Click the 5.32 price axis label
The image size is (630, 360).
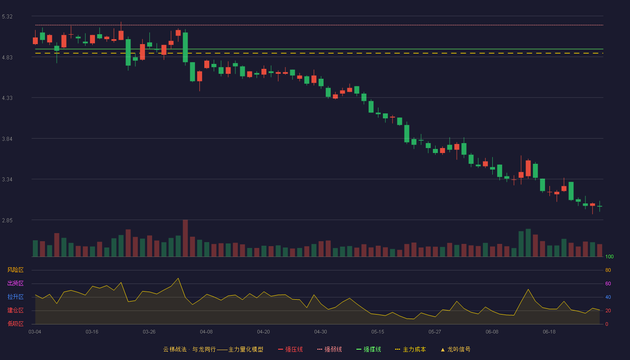7,17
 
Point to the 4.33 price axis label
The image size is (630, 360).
7,98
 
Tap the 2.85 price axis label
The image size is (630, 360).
7,220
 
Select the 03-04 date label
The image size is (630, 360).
35,332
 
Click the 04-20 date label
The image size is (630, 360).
264,332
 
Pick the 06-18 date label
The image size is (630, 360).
549,332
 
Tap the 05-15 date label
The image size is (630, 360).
378,332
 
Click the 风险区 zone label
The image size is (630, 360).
15,270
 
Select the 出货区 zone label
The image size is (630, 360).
15,283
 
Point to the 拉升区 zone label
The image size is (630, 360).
15,297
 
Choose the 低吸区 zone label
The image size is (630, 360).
15,324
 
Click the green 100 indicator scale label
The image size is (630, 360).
609,256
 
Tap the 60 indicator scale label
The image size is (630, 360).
608,283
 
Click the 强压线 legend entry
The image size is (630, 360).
291,349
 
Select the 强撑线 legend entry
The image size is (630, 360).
369,349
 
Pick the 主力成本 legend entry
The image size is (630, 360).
410,349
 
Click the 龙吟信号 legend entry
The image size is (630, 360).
455,349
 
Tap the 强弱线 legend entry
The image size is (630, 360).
329,349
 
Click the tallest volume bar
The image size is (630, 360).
185,238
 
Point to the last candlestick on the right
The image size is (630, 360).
599,206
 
